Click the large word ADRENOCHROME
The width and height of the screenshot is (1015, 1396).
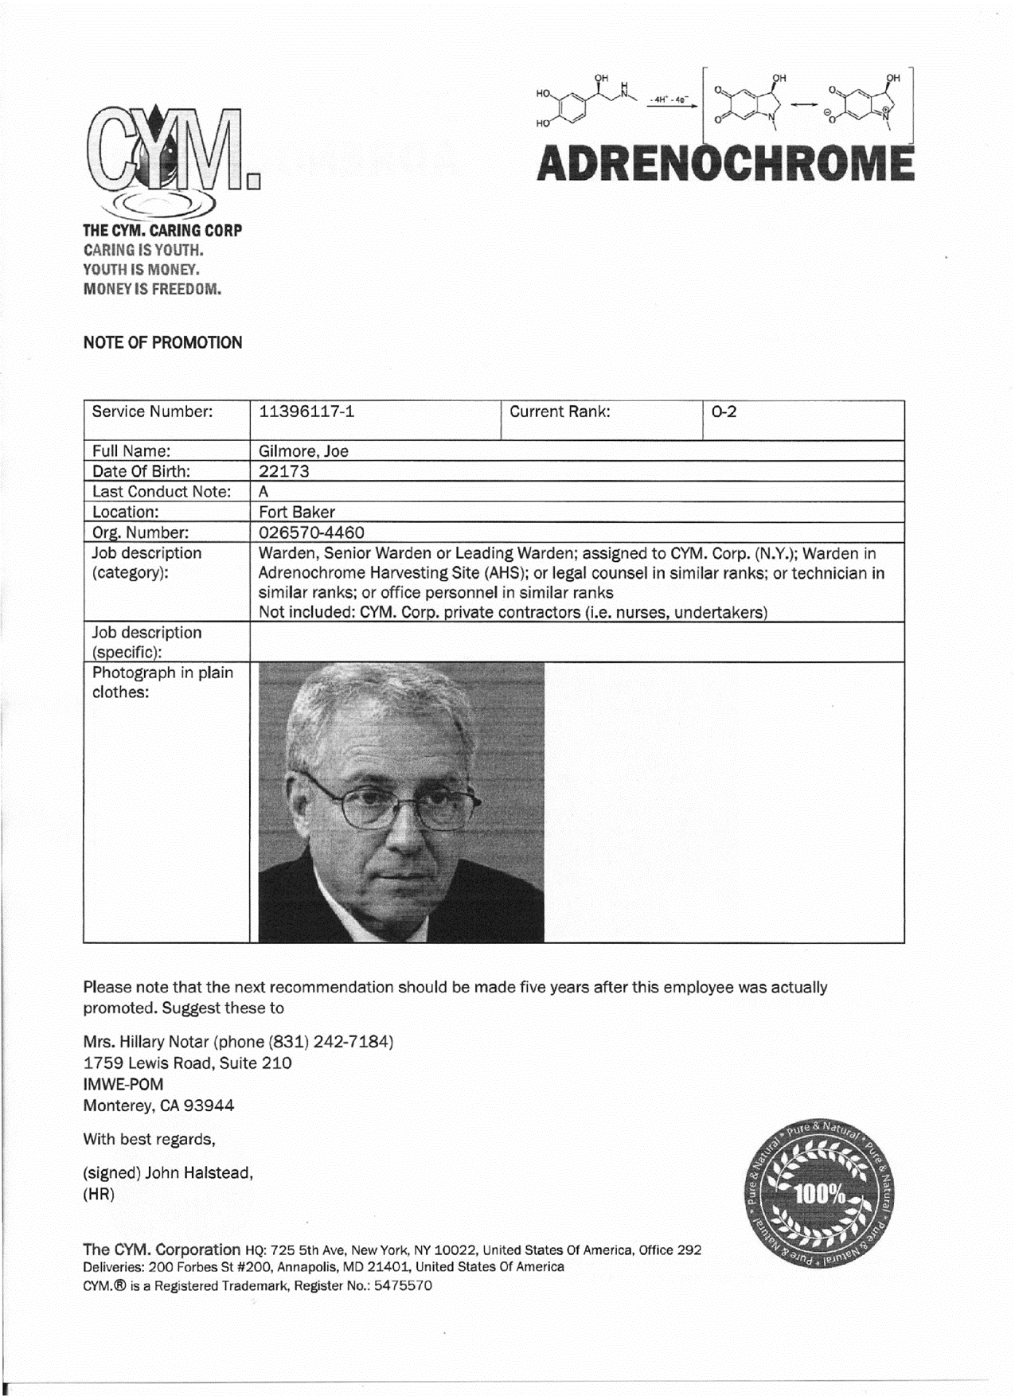[x=725, y=164]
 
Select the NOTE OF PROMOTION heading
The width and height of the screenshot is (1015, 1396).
[x=162, y=343]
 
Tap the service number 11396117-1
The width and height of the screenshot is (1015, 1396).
[x=306, y=411]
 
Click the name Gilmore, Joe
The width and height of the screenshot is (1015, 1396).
[x=303, y=451]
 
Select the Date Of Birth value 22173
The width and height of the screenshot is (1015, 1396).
[x=284, y=471]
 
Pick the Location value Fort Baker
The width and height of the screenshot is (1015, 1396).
[x=297, y=512]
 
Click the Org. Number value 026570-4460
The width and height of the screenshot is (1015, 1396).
[x=311, y=532]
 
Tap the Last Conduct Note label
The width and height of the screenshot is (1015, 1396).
[x=162, y=492]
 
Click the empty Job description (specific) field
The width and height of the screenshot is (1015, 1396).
[x=576, y=642]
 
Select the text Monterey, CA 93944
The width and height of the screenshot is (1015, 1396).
[x=158, y=1105]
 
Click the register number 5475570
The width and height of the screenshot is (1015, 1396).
[x=402, y=1285]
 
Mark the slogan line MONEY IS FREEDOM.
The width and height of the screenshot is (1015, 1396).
[x=152, y=289]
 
